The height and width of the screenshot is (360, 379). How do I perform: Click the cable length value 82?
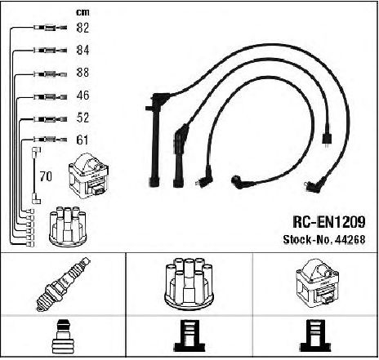(82, 28)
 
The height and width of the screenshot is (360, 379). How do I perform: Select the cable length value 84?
(82, 50)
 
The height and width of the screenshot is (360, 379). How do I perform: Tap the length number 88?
(82, 73)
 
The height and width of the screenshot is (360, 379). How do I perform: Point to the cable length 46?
(82, 96)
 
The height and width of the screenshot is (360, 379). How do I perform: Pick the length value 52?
(82, 118)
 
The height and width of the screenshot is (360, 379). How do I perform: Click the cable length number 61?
(82, 140)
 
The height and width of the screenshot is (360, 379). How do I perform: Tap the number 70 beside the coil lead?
(46, 176)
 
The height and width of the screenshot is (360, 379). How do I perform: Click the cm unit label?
(82, 12)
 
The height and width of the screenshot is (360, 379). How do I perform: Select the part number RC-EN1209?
(329, 222)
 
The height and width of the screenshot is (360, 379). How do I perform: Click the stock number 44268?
(350, 239)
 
